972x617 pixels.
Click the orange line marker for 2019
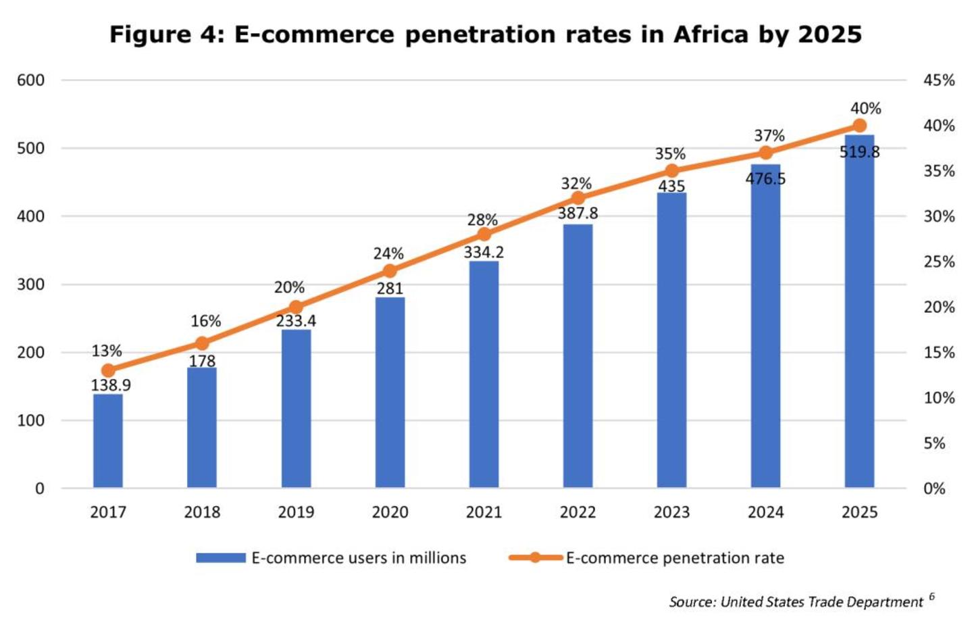(x=296, y=307)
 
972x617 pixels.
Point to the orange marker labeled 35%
(x=671, y=170)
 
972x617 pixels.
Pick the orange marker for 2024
(x=765, y=153)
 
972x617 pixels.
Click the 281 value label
(x=390, y=289)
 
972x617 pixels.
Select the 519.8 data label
(x=859, y=152)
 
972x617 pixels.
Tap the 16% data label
(x=205, y=321)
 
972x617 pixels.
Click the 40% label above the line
(x=865, y=109)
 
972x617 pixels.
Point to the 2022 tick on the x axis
(x=578, y=512)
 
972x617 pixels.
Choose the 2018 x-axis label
(x=202, y=512)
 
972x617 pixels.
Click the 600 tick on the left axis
(x=30, y=80)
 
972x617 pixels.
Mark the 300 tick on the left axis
(x=30, y=285)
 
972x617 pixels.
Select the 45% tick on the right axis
(x=939, y=80)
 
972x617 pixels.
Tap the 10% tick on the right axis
(x=939, y=398)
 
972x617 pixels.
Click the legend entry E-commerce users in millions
(x=358, y=558)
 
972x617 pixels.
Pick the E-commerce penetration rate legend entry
(x=674, y=558)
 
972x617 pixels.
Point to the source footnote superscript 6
(x=931, y=596)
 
